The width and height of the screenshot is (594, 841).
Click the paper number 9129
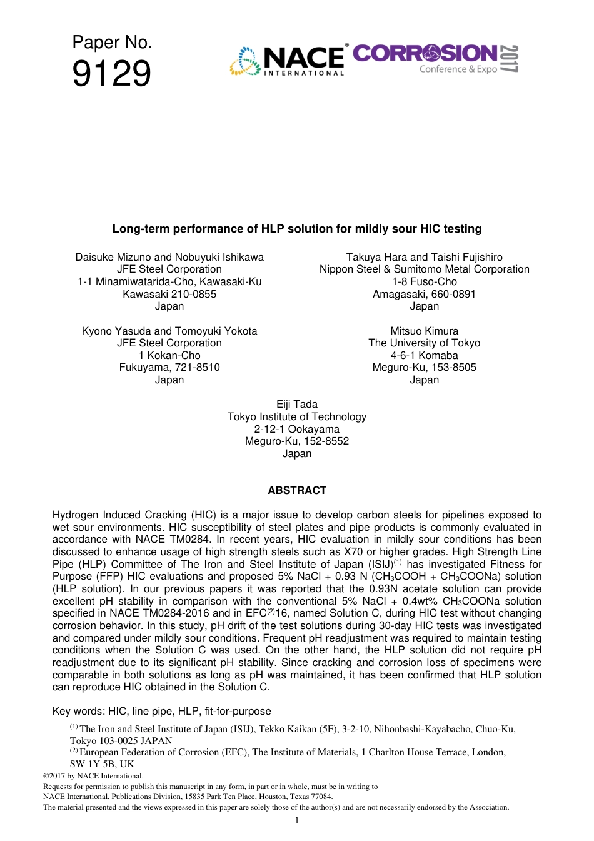111,74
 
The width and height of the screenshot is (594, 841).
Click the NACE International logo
288,61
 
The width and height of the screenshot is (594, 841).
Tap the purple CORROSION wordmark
425,54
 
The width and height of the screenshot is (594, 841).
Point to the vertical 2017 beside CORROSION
510,59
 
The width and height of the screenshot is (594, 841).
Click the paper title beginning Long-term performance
296,229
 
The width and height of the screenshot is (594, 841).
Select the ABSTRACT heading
296,490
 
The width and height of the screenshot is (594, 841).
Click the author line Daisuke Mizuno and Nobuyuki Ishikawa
169,257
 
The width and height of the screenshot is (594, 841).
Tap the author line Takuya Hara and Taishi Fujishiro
424,257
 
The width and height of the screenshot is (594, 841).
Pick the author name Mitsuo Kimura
424,331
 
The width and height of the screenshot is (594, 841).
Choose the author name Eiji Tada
296,405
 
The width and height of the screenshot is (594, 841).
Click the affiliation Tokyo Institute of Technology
296,417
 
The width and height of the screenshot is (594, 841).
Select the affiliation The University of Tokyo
424,343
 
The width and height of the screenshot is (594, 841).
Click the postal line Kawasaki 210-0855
169,294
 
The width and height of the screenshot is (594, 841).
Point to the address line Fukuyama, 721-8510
169,367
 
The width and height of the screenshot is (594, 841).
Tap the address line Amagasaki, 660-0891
424,294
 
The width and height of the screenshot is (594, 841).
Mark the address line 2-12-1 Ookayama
296,429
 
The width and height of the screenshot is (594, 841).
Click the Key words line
161,711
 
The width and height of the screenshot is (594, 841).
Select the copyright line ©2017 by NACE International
93,776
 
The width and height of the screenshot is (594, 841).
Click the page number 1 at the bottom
296,820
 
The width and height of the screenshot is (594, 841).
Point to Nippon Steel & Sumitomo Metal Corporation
424,269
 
